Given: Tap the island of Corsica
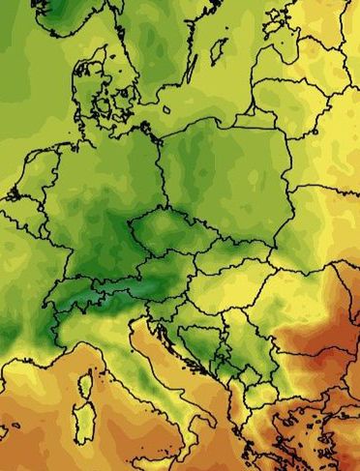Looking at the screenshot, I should click(x=85, y=383).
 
